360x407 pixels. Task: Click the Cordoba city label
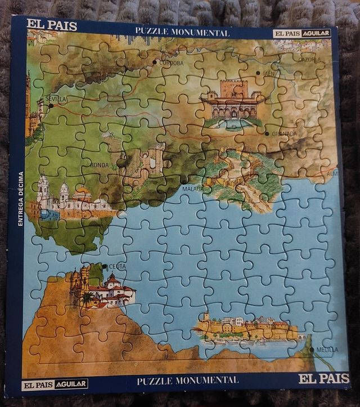point(172,63)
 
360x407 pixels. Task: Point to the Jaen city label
point(269,73)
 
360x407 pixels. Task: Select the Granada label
point(284,134)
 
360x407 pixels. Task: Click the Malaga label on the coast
point(192,190)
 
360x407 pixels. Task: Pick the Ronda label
point(100,165)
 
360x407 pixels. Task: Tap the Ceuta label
point(118,266)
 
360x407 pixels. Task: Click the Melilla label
point(327,350)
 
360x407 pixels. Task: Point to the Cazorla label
point(309,59)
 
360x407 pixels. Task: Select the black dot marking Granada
point(267,133)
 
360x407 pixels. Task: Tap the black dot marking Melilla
point(311,350)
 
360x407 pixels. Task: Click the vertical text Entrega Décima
point(21,199)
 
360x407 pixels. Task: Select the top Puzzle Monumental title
point(182,33)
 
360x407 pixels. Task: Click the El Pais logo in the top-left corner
point(52,25)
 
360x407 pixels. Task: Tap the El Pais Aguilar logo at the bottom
point(55,384)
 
